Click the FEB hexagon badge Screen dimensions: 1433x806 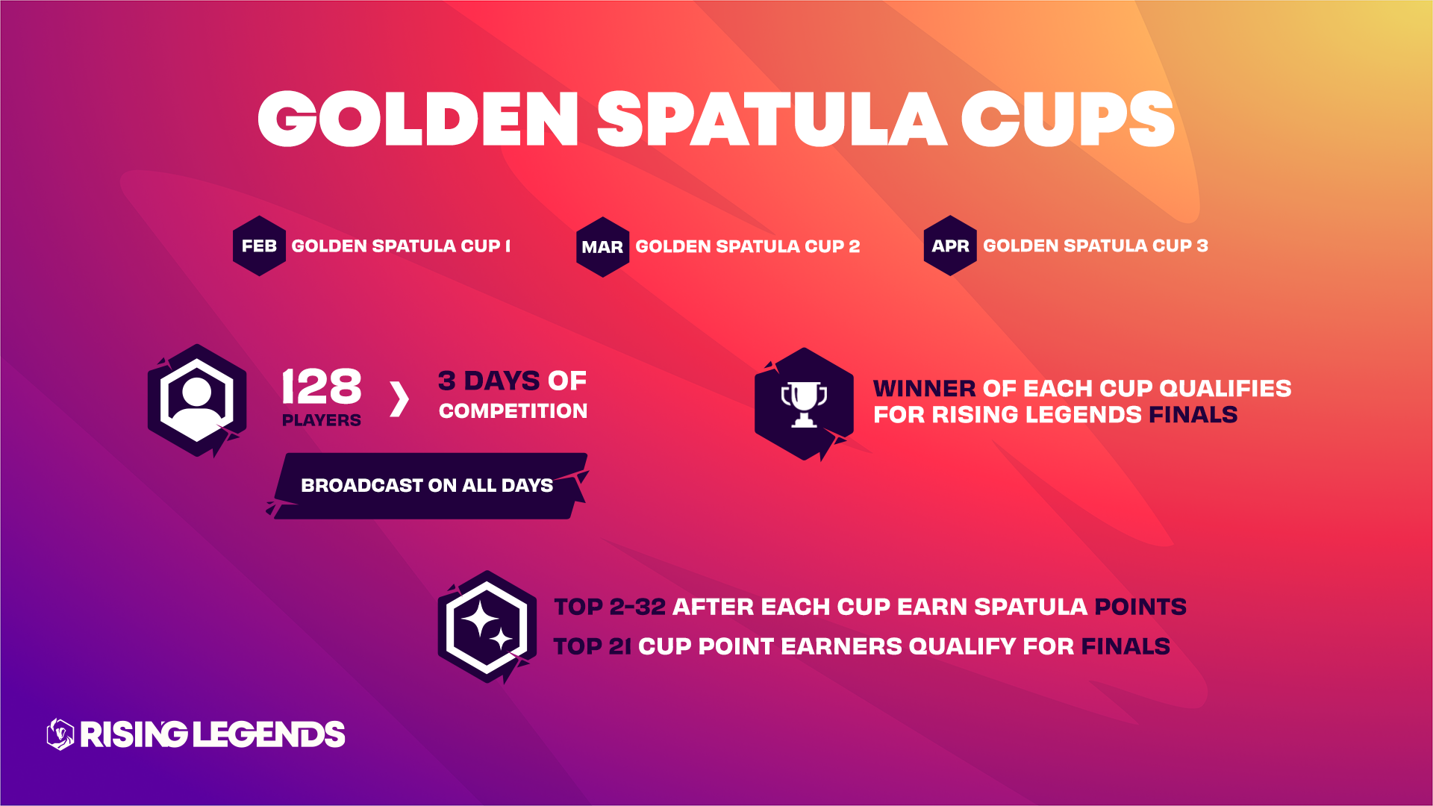point(259,246)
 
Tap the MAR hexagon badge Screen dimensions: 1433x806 point(602,247)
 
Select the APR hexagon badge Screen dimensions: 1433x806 point(950,246)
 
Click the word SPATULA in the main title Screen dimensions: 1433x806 point(772,119)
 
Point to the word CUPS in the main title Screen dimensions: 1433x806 point(1068,119)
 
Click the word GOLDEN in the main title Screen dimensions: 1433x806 point(418,119)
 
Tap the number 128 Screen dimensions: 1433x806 point(322,386)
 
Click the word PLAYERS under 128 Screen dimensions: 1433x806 point(322,420)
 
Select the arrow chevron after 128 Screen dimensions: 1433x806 point(399,399)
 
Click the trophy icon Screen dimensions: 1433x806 point(804,404)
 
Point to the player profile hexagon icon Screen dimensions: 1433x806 point(197,401)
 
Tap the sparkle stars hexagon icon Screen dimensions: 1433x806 point(487,627)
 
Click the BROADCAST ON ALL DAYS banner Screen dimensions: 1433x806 point(427,486)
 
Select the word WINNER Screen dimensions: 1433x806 point(924,388)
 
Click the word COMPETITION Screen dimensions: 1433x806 point(513,410)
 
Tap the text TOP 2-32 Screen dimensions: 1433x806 point(610,607)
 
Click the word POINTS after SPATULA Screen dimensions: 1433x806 point(1140,607)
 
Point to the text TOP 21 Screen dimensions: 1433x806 point(593,646)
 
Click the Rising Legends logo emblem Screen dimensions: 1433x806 point(60,734)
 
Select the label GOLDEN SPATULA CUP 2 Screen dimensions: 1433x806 point(748,247)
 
